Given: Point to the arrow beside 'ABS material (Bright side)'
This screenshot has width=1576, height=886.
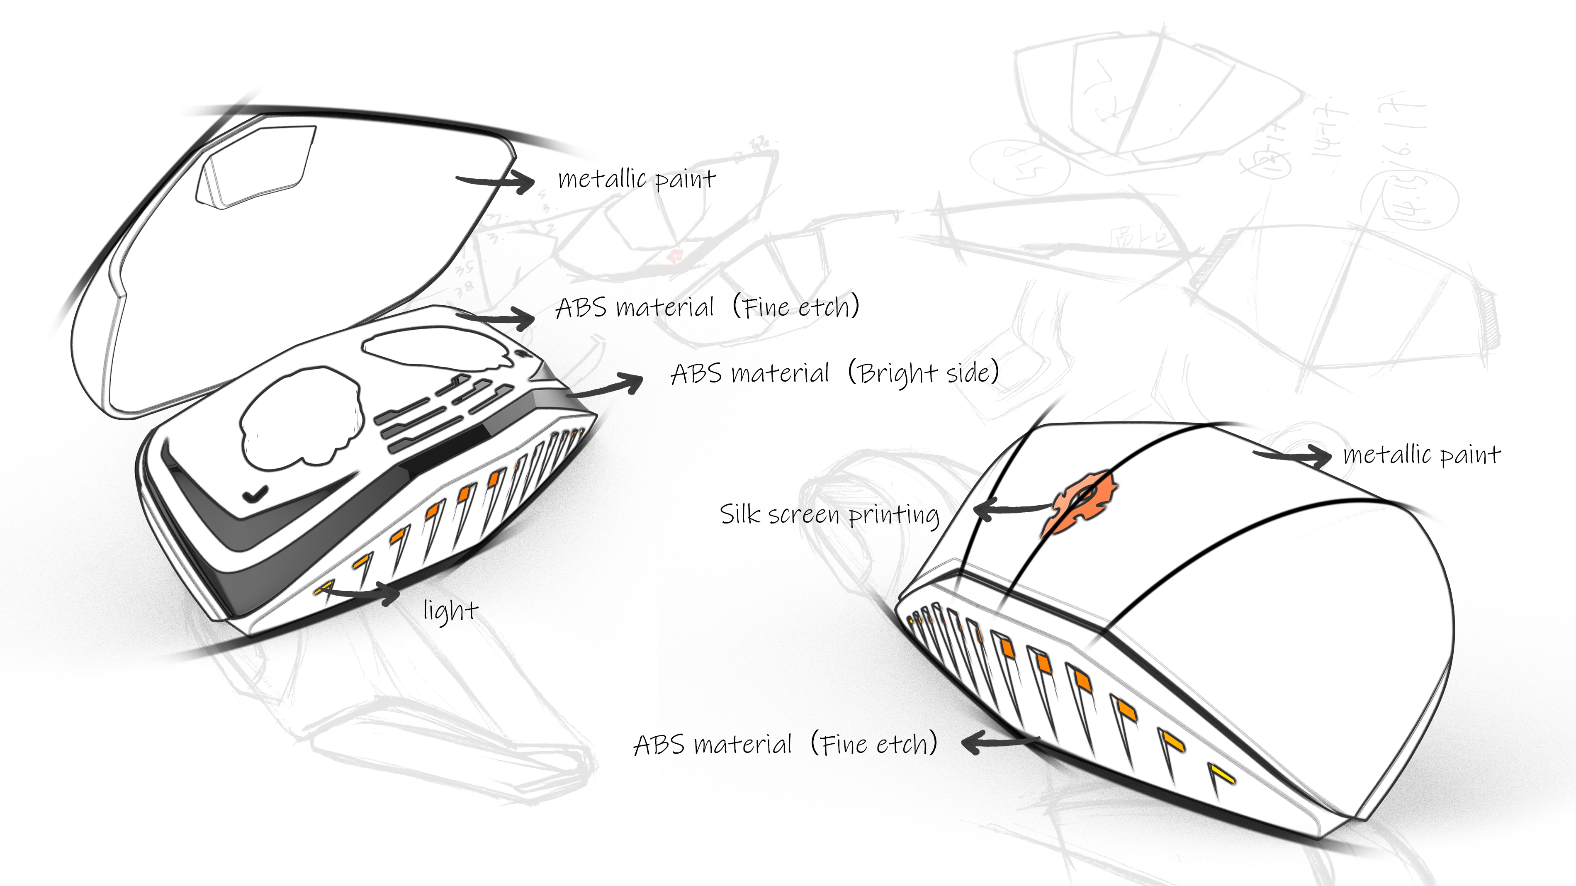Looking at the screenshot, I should click(606, 387).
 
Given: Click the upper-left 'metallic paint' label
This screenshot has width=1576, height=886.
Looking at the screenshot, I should click(636, 179).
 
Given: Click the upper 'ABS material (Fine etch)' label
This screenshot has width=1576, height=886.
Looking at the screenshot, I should click(707, 307).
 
